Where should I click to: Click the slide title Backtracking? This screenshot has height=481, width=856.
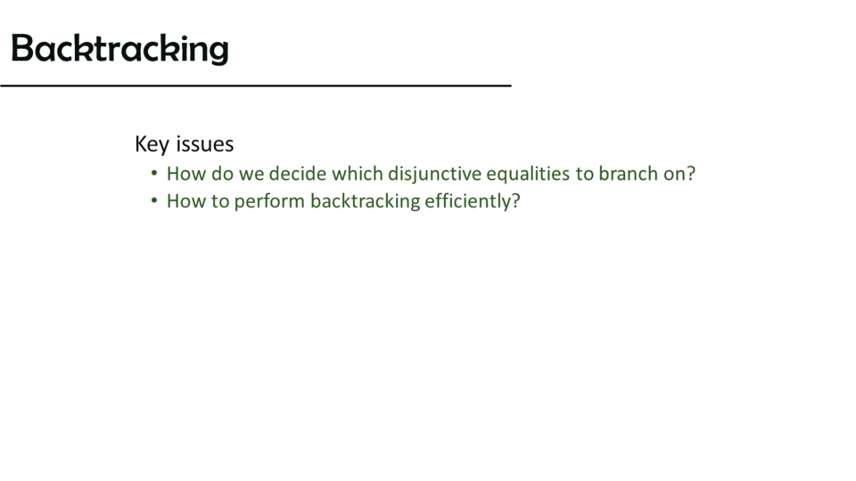coord(119,48)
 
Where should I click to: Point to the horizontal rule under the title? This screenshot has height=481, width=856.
coord(256,86)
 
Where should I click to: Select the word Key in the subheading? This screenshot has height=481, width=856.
coord(152,144)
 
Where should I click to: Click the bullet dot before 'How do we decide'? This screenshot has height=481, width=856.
coord(154,174)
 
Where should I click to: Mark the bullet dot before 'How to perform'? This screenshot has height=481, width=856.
coord(154,200)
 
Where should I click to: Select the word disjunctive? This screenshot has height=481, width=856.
coord(434,175)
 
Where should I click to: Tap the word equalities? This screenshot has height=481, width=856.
coord(528,175)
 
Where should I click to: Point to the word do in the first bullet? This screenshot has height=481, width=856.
coord(222,174)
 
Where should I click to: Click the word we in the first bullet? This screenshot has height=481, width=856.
coord(251,175)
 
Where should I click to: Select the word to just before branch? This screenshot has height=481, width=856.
coord(584,174)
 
